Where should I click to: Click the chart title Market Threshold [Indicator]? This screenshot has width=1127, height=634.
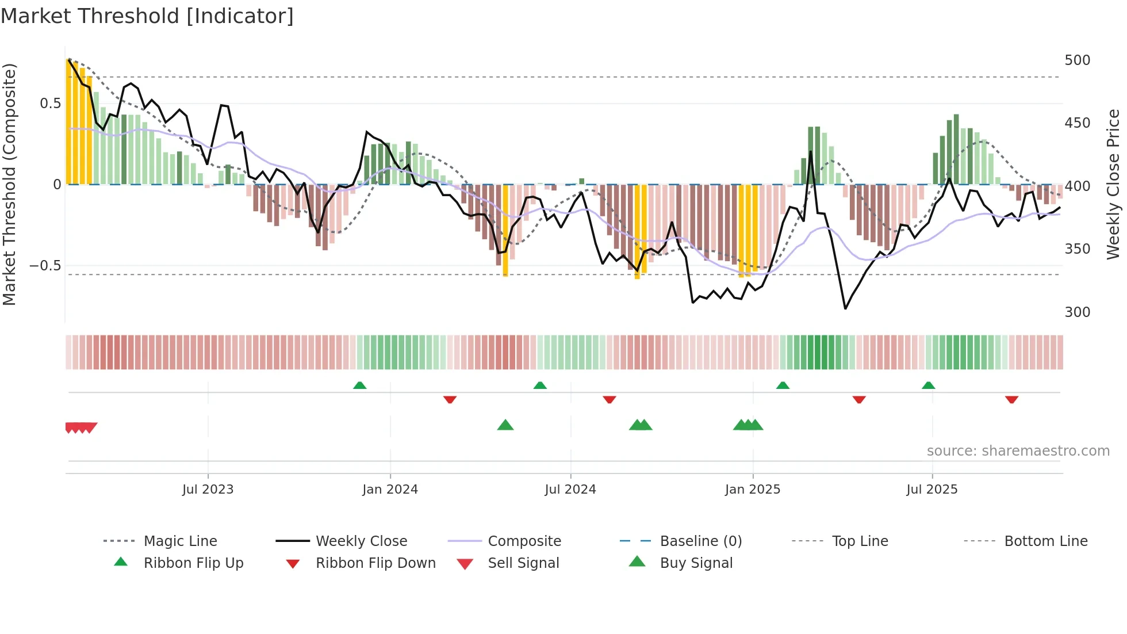[x=147, y=16]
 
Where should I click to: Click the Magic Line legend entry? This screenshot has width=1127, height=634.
[x=180, y=541]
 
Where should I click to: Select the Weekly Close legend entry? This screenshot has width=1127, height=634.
[x=361, y=541]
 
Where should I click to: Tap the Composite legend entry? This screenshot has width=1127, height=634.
[x=524, y=541]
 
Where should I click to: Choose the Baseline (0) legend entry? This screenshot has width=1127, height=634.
[x=700, y=541]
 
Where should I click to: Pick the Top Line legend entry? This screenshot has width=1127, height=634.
[x=860, y=541]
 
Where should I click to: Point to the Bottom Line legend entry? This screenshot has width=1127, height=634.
[x=1045, y=541]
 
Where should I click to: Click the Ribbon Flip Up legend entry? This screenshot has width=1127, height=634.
[x=193, y=563]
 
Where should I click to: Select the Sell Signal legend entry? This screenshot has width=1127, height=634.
[x=523, y=563]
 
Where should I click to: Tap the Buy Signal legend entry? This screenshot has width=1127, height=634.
[x=696, y=563]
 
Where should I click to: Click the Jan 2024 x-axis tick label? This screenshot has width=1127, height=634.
[x=390, y=490]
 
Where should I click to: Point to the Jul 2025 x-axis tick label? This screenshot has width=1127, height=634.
[x=931, y=490]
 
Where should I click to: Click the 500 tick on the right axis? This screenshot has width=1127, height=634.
[x=1077, y=60]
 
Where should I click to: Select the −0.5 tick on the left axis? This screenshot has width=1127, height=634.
[x=45, y=266]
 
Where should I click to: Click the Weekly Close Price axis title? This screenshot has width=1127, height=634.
[x=1113, y=184]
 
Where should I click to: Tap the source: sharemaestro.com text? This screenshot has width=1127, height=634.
[x=1018, y=451]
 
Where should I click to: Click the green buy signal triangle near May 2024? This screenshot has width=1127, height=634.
[x=505, y=426]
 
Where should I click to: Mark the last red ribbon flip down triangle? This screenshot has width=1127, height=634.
[x=1011, y=400]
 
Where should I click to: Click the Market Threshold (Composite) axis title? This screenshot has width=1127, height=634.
[x=9, y=184]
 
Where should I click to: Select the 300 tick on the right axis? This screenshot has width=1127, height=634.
[x=1077, y=312]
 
